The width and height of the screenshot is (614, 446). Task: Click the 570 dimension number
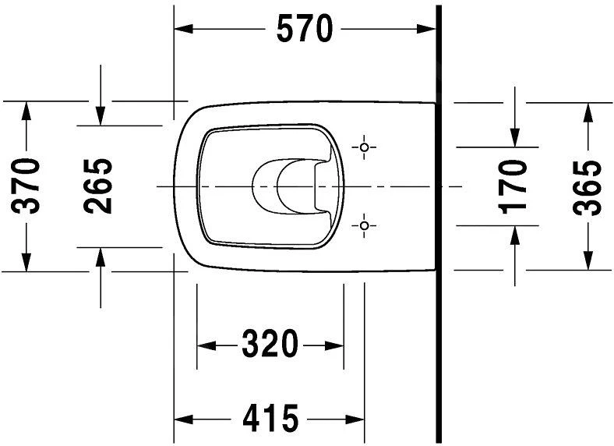(x=304, y=30)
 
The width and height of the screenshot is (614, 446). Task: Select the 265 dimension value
(x=99, y=186)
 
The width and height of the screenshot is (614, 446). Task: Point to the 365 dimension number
(x=586, y=186)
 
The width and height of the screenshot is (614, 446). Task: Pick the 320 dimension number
(x=269, y=344)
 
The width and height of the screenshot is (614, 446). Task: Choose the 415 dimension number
(x=269, y=419)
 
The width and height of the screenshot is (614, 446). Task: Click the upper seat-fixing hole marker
(x=365, y=147)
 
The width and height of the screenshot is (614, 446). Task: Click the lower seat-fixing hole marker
(x=365, y=225)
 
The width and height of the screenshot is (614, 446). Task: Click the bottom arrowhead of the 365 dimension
(x=586, y=261)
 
